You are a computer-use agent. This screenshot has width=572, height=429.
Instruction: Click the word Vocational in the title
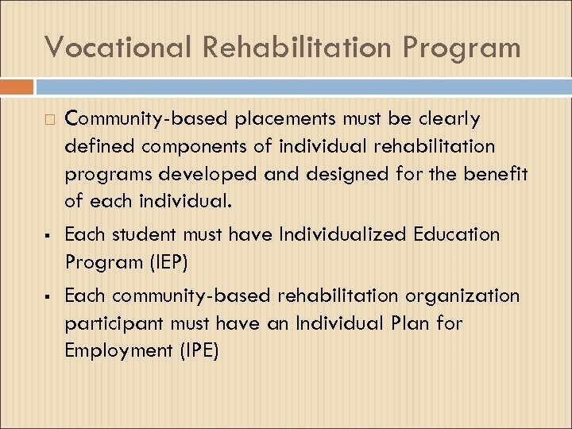coord(117,47)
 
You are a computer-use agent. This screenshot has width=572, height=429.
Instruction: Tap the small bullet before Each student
coord(49,236)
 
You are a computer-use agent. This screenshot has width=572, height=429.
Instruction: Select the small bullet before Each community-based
coord(49,297)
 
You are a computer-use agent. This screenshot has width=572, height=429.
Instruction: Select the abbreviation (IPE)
coord(198,350)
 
